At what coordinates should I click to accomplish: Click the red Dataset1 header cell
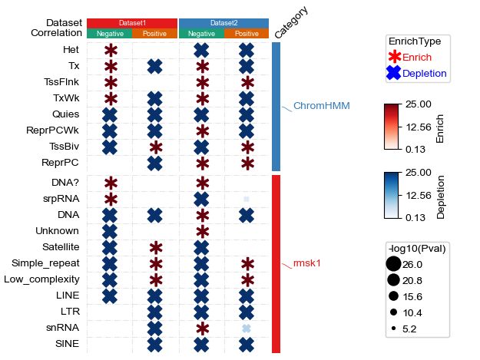pos(132,23)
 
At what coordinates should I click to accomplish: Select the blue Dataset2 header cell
pos(223,23)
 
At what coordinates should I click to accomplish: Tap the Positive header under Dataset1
pos(155,34)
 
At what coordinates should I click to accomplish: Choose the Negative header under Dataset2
pos(201,34)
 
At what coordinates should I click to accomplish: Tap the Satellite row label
pos(61,247)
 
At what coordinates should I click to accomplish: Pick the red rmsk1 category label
pos(306,263)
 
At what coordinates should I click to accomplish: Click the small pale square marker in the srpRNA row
pos(247,200)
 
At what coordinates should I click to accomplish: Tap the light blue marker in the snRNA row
pos(247,328)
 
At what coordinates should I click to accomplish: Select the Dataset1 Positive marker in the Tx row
pos(155,66)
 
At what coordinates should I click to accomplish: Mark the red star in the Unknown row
pos(202,231)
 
